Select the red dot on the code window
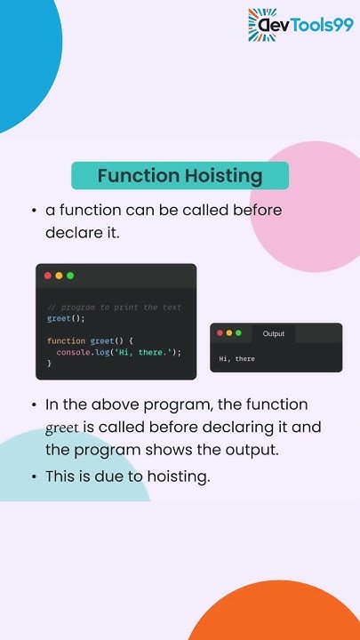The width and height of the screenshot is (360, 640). [x=48, y=276]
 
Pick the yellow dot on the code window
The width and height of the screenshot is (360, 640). [x=59, y=276]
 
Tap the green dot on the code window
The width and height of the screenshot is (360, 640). [x=70, y=276]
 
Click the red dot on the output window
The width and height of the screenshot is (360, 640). [x=220, y=333]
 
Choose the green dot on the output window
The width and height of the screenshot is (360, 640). [x=238, y=333]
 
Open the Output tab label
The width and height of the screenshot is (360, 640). [x=273, y=334]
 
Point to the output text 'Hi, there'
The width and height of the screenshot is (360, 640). [x=237, y=359]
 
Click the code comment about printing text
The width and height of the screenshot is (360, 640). [x=114, y=308]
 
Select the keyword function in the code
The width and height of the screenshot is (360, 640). [x=67, y=341]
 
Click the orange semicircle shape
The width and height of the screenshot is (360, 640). [x=276, y=613]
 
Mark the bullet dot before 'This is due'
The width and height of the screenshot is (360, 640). [x=33, y=476]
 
